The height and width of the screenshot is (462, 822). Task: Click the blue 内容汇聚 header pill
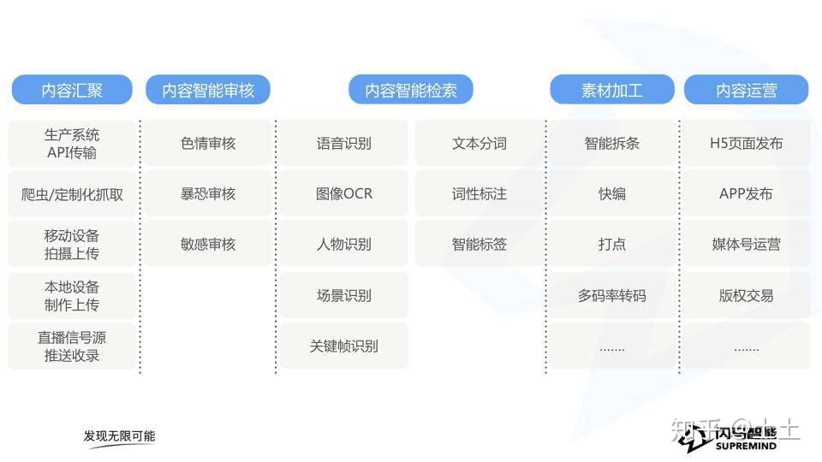click(72, 90)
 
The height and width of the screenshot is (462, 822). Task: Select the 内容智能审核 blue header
click(208, 90)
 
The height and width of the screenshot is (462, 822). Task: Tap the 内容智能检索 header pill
click(411, 90)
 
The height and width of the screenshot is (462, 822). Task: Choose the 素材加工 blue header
click(611, 90)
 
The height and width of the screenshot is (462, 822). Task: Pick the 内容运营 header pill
click(747, 90)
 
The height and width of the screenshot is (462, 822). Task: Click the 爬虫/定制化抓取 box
click(72, 194)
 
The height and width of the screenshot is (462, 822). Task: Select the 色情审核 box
click(208, 143)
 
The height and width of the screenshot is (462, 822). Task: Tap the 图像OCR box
click(344, 194)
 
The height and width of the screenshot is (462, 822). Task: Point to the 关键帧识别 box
click(344, 346)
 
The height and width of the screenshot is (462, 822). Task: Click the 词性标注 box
click(479, 194)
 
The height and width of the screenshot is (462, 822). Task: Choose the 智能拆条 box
click(611, 143)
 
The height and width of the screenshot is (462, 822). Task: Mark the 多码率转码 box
click(611, 295)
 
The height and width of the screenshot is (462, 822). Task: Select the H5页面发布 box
click(747, 143)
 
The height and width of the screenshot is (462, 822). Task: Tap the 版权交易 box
click(747, 295)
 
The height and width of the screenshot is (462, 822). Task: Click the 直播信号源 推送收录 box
click(72, 346)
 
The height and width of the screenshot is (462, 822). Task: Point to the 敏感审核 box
click(208, 244)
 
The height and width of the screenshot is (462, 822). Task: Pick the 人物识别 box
click(344, 244)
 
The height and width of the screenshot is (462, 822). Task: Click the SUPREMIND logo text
click(746, 447)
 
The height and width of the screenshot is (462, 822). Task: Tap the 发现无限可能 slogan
click(120, 435)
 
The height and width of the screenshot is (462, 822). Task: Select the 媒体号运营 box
click(747, 244)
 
